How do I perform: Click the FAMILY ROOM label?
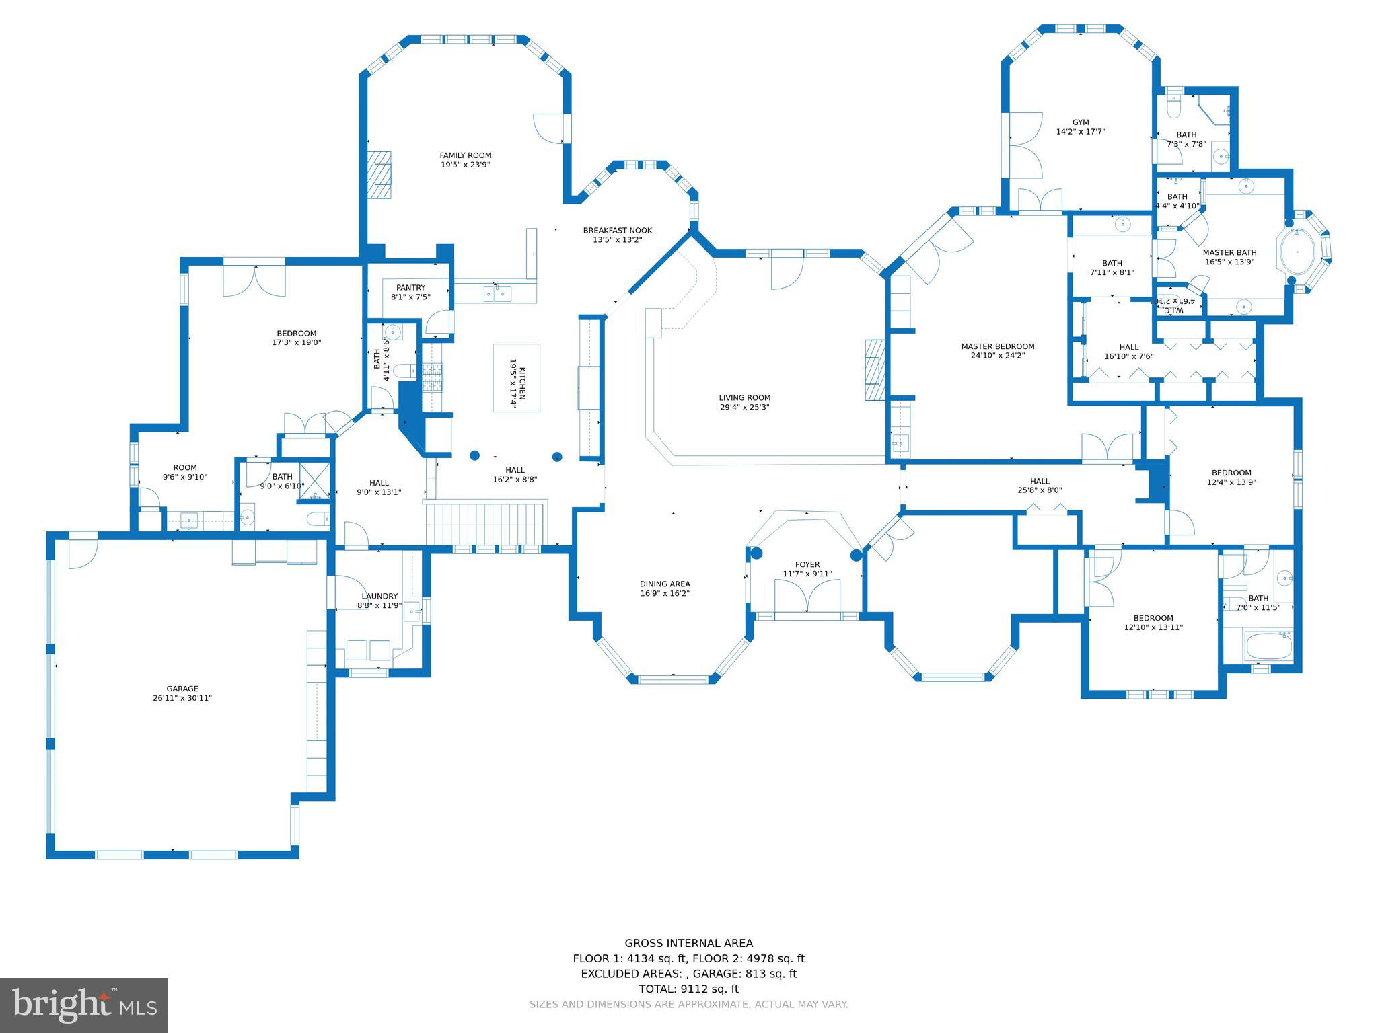pos(465,155)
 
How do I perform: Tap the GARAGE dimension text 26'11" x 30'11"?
pos(182,698)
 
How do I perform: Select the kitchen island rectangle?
pos(516,377)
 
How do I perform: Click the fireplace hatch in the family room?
pos(379,174)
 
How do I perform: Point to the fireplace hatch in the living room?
pos(875,370)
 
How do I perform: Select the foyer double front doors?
pos(807,595)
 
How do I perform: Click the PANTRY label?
pos(410,288)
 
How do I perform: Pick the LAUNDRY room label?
pos(379,596)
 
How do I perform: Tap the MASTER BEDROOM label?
pos(997,346)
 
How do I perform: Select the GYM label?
pos(1081,122)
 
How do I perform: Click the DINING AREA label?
pos(665,584)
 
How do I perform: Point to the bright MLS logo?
pos(84,1005)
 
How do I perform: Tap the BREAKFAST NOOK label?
pos(617,231)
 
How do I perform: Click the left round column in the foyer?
pos(756,553)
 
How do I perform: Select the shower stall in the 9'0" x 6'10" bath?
pos(314,480)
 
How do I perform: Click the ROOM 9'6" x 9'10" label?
pos(185,467)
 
